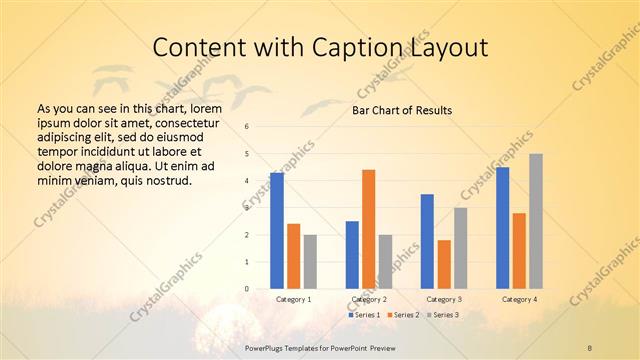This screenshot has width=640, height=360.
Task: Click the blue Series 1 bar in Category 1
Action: coord(277,231)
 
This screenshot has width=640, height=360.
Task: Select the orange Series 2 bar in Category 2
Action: coord(369,229)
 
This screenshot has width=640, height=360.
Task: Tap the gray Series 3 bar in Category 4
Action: coord(536,221)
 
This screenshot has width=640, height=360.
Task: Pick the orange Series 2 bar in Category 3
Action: coord(444,264)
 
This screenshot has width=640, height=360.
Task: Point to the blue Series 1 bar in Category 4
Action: coord(502,228)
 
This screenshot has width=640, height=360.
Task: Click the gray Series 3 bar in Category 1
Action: coord(310,262)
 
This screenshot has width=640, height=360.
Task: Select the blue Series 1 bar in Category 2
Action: coord(352,255)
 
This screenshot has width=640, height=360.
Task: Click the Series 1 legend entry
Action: coord(364,315)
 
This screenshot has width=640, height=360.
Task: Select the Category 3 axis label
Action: coord(444,299)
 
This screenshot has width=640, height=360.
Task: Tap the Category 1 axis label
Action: coord(293,299)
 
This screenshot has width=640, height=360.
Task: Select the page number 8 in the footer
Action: coord(590,346)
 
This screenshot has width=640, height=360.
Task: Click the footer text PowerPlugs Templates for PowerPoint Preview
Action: coord(319,346)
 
